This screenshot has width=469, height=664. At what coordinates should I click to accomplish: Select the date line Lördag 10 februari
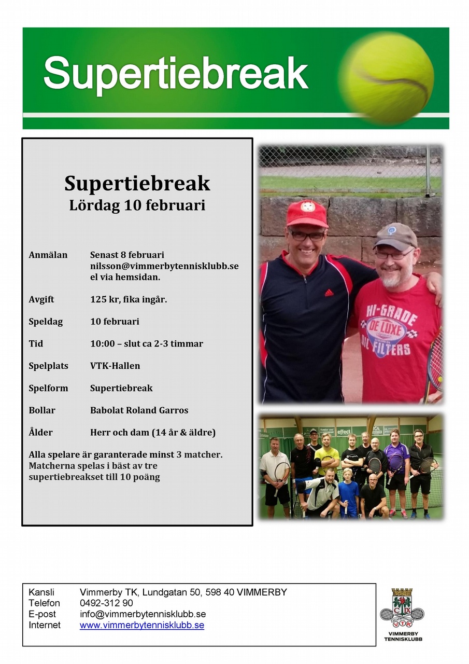pos(137,205)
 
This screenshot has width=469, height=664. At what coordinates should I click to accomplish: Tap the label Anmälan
pos(48,255)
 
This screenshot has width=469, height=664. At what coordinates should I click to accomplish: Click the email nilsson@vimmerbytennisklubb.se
pos(164,266)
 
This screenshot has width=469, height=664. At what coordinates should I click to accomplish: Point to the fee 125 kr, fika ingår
pos(129,299)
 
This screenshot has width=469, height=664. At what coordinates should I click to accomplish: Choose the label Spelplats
pos(48,366)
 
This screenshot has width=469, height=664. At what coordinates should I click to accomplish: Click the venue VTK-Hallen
pos(115,366)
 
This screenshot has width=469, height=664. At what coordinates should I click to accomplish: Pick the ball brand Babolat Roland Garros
pos(139,410)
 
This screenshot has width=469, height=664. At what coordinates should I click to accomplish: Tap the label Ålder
pos(40,432)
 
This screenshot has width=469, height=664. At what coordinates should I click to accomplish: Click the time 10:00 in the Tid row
pos(103,343)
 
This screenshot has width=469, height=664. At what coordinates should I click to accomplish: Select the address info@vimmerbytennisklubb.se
pos(143,614)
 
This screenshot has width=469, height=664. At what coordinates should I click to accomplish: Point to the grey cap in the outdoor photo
pos(395,237)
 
